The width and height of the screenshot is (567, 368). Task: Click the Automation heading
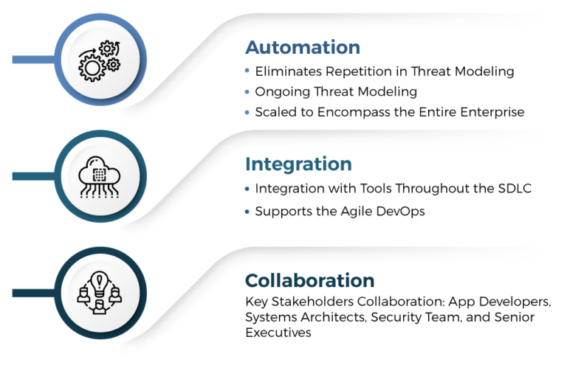(303, 48)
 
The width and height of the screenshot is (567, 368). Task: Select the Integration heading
(298, 164)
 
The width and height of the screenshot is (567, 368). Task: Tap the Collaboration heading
(309, 281)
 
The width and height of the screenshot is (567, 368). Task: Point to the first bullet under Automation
(247, 71)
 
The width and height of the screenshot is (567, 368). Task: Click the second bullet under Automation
(247, 91)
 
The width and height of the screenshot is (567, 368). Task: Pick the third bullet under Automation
(247, 112)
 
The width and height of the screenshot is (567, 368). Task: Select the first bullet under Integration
(247, 188)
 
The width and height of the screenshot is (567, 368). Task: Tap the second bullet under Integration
(247, 211)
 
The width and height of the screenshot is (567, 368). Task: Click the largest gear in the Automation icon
(92, 69)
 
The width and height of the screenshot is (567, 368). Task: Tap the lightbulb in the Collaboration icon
(98, 282)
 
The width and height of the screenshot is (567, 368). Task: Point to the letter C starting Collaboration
(252, 281)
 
